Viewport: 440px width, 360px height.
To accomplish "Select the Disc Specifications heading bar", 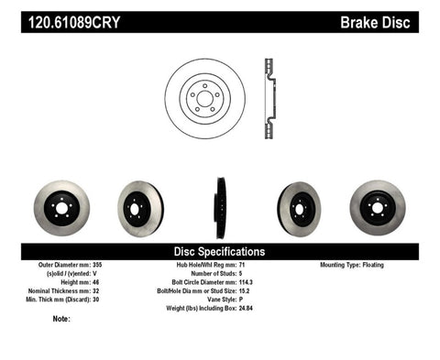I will pos(219,251).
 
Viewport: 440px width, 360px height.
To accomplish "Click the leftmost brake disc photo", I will pos(60,208).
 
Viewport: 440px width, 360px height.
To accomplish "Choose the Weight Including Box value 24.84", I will pos(273,311).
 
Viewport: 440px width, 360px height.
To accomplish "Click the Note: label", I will pos(61,320).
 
